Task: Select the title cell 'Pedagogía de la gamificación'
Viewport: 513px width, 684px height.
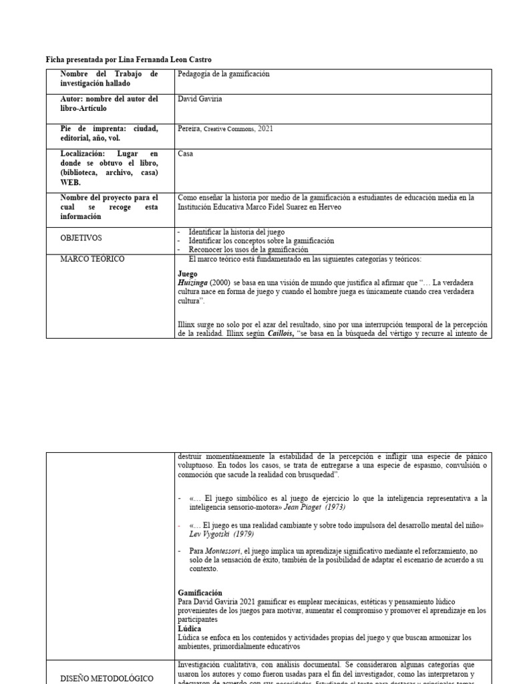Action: point(224,74)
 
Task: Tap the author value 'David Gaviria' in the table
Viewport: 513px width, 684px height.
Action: point(200,99)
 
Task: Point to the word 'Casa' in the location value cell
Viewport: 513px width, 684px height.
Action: point(186,153)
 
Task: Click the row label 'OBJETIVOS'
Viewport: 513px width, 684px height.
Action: point(82,238)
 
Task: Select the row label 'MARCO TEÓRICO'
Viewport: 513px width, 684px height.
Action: point(92,259)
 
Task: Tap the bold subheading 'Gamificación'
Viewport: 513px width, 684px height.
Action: point(200,592)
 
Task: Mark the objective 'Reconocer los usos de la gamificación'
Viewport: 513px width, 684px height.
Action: point(248,249)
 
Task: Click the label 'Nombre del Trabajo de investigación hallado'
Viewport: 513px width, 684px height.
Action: point(109,78)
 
